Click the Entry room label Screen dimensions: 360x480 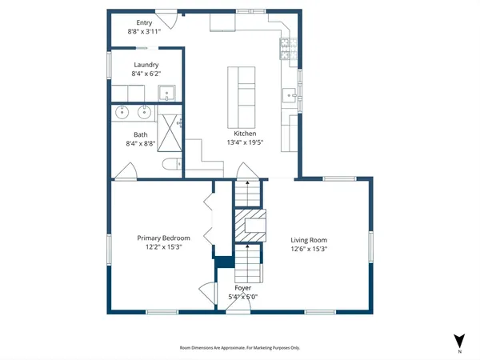(x=145, y=23)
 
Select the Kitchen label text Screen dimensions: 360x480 (x=244, y=133)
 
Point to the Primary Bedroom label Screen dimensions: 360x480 (x=163, y=238)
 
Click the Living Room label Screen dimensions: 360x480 (x=308, y=240)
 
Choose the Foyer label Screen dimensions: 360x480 (x=243, y=288)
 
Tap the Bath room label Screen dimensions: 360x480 (x=141, y=135)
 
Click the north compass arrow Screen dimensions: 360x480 (x=458, y=341)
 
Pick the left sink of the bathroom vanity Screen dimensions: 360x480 (x=124, y=112)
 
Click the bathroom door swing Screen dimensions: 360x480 (x=126, y=172)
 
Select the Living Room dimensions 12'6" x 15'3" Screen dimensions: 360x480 (x=308, y=249)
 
